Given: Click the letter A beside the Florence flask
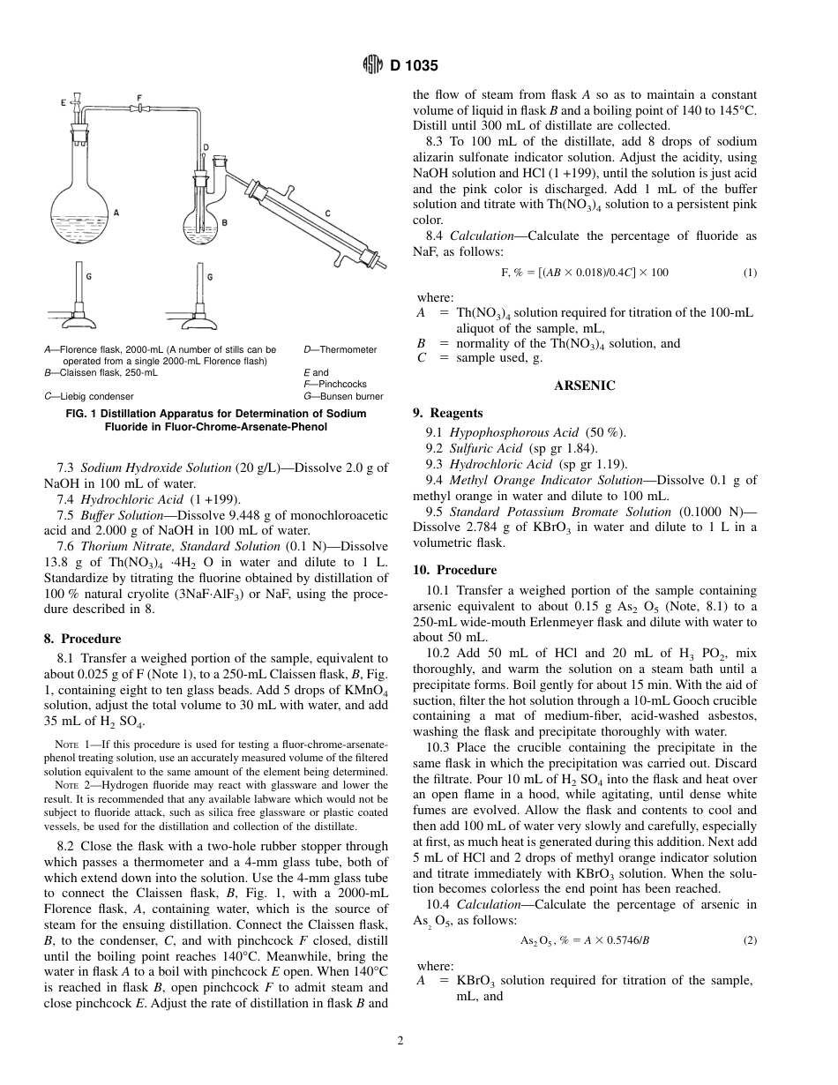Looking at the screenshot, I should point(116,213).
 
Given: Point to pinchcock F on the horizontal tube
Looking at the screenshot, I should point(138,108).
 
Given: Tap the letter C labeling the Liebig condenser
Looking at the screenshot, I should point(327,213).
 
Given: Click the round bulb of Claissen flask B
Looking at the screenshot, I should point(200,227).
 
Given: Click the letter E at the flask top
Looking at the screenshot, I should point(64,103).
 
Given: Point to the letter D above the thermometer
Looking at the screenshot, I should point(206,147).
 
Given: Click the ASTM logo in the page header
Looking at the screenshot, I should point(372,65).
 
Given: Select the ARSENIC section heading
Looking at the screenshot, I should point(584,385).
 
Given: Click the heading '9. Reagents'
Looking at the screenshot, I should point(448,413).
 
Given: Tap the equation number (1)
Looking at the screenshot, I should point(749,273).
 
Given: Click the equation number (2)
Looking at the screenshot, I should point(749,940).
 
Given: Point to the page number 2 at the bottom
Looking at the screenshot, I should point(400,1041).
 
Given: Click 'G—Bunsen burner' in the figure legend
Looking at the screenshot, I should point(343,396).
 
